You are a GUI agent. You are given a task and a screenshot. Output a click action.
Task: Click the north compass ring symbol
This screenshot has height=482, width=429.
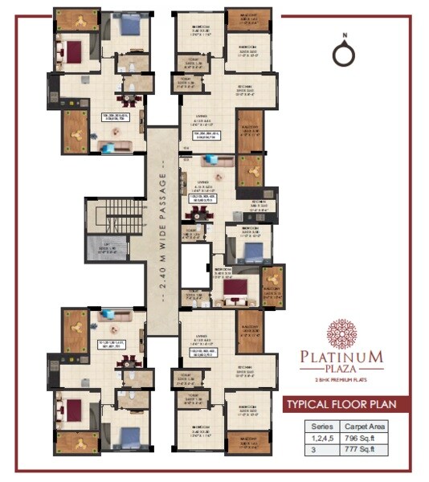343,54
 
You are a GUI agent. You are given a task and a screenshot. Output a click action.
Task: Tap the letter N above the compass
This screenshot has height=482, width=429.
343,35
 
